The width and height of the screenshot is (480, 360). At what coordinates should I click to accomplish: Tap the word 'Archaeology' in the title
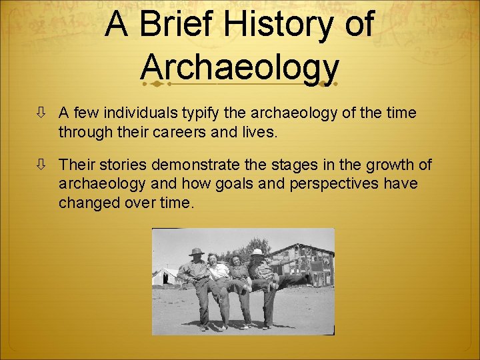click(x=240, y=67)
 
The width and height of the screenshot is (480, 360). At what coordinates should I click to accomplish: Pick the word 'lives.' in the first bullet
click(x=261, y=131)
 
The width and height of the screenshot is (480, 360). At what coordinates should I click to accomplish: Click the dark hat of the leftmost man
click(x=195, y=251)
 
